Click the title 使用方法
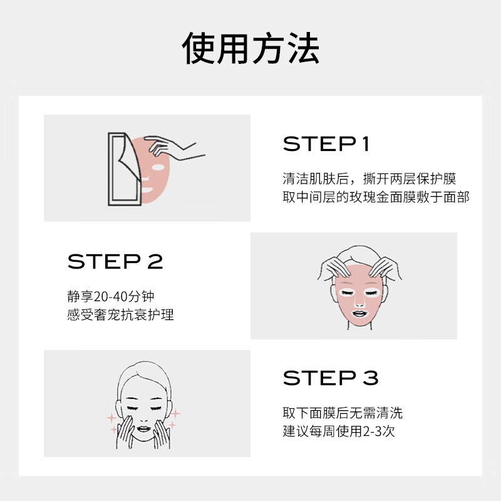click(x=250, y=49)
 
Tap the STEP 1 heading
click(x=326, y=145)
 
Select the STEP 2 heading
click(x=115, y=261)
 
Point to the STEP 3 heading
click(x=331, y=378)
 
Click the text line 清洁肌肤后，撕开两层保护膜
click(x=369, y=179)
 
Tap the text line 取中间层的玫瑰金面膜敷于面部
click(x=376, y=197)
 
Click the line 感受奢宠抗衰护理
click(x=120, y=314)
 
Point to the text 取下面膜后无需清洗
click(x=343, y=413)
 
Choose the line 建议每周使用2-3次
click(x=338, y=431)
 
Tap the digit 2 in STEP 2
click(x=154, y=261)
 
